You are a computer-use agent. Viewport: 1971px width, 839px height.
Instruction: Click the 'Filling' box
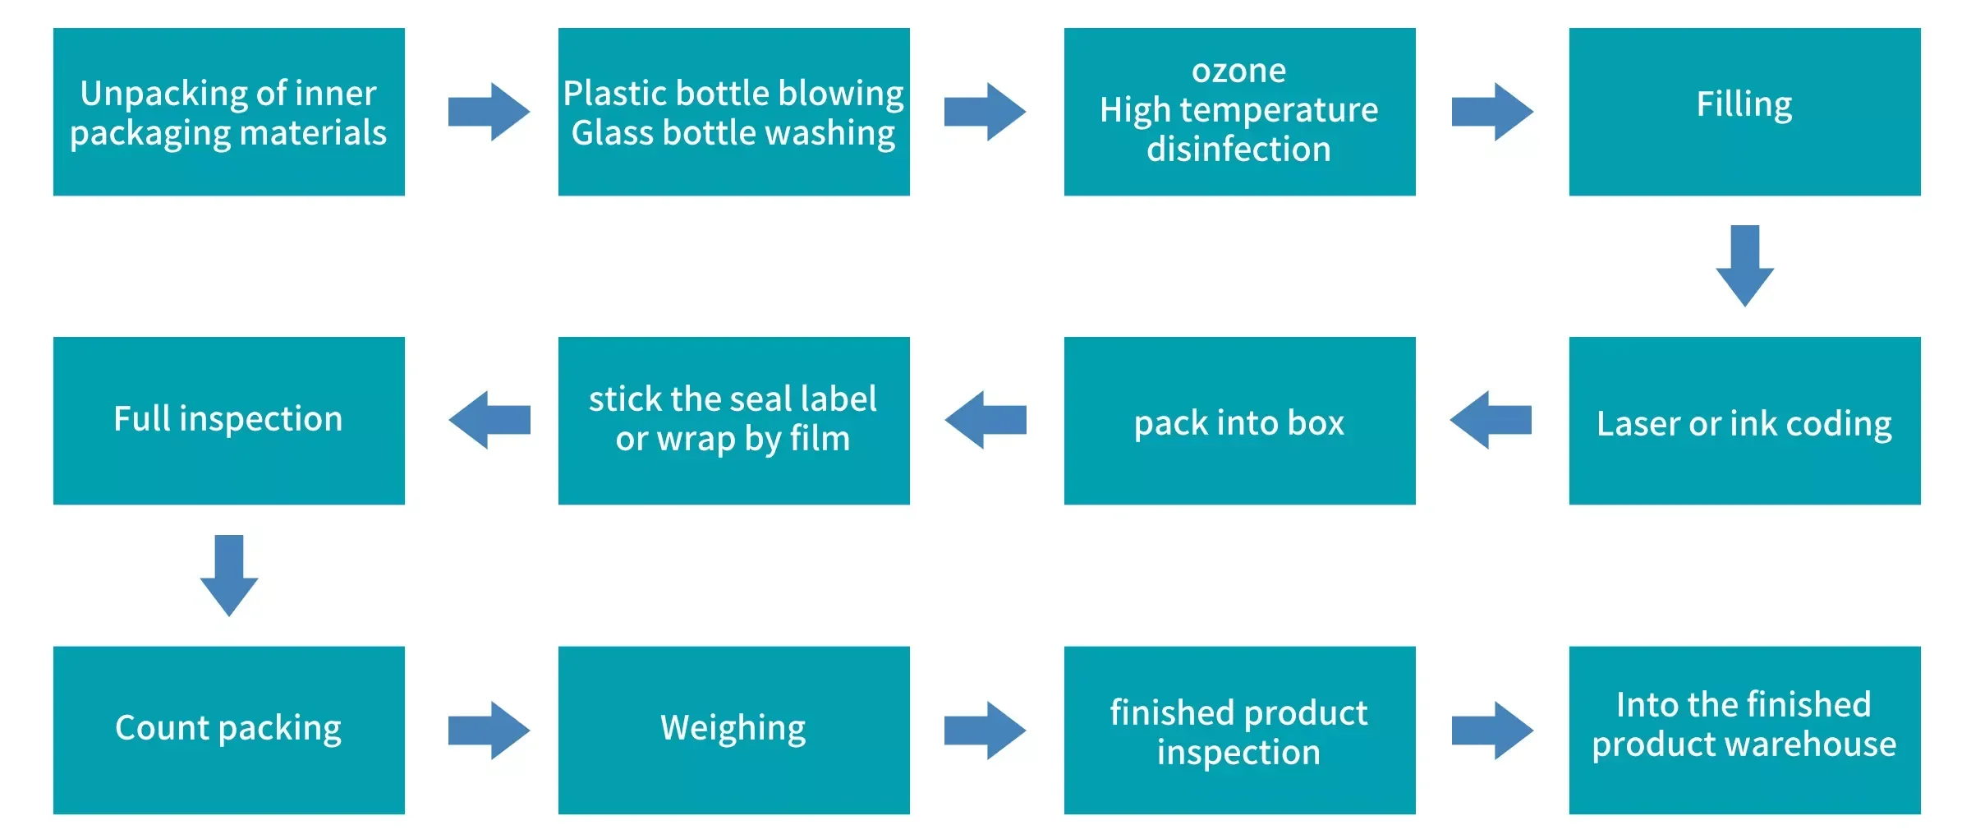1744,112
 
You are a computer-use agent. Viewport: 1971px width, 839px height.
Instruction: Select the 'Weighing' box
733,730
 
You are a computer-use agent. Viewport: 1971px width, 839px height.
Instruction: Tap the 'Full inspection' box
228,420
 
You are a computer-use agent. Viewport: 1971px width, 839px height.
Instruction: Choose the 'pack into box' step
1239,420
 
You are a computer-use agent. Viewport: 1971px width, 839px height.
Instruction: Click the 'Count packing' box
228,730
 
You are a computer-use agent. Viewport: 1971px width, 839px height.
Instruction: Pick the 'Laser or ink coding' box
1744,420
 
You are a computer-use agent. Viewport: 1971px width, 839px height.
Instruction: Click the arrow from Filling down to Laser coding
1744,265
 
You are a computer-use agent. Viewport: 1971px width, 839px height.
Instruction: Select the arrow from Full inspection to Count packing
229,574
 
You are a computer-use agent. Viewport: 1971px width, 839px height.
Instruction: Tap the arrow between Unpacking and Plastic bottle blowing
489,112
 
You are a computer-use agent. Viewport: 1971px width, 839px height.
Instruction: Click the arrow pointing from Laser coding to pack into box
1491,420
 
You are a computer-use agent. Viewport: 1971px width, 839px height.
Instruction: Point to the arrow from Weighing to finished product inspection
985,730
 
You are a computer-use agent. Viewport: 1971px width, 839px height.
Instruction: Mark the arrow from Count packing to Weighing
489,730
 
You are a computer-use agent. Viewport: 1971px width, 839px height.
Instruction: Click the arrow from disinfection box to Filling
1492,112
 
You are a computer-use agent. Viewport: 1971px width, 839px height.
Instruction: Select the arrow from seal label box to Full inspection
489,420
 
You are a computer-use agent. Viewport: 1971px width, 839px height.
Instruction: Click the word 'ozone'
1238,71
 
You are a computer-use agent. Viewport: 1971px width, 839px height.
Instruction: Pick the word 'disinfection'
1238,150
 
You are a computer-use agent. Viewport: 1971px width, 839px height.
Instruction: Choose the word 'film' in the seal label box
820,439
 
